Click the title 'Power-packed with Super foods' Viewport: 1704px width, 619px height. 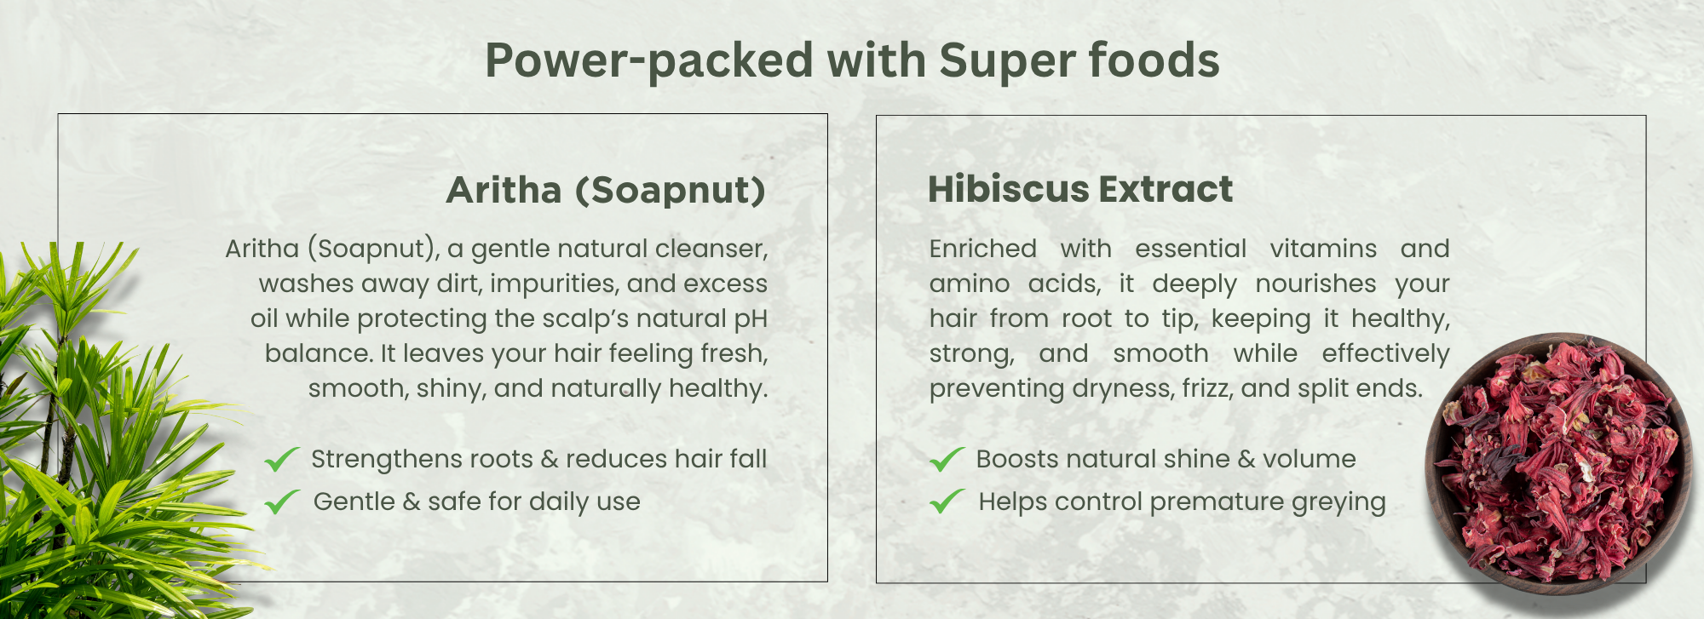pyautogui.click(x=852, y=61)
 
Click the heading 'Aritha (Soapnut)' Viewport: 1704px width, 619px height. pyautogui.click(x=606, y=191)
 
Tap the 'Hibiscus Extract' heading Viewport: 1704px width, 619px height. pyautogui.click(x=1080, y=189)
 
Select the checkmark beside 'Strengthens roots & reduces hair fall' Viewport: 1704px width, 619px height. pyautogui.click(x=281, y=459)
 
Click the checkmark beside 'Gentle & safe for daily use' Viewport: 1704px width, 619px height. pyautogui.click(x=281, y=502)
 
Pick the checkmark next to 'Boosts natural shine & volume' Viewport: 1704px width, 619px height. pyautogui.click(x=947, y=459)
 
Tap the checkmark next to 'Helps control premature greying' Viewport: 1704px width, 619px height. pyautogui.click(x=947, y=502)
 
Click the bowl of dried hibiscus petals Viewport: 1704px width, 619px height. pyautogui.click(x=1557, y=458)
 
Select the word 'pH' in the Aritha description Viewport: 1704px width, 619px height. pyautogui.click(x=751, y=319)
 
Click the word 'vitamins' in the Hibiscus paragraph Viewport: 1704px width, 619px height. pyautogui.click(x=1323, y=249)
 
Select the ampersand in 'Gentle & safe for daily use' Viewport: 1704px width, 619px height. pyautogui.click(x=412, y=502)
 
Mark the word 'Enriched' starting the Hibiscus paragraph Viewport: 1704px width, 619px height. pyautogui.click(x=983, y=249)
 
